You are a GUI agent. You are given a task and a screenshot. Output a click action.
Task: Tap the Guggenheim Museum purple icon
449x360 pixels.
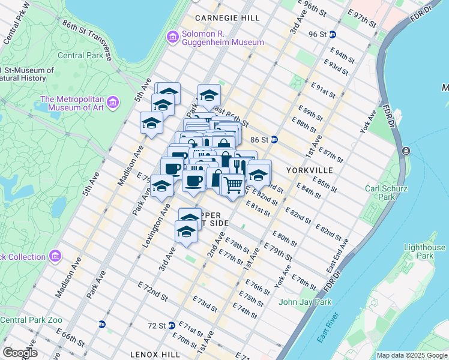click(x=173, y=38)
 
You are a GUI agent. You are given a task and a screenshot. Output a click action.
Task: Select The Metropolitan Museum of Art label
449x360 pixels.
click(x=72, y=103)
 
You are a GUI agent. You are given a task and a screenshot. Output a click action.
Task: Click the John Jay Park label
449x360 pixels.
click(x=305, y=302)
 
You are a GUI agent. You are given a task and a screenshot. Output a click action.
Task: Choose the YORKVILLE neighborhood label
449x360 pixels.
click(x=309, y=170)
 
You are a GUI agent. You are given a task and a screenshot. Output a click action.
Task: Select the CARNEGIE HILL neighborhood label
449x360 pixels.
click(x=228, y=19)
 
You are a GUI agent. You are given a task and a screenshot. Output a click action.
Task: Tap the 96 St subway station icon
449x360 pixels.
click(x=333, y=34)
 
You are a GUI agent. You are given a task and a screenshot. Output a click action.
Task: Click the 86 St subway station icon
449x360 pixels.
click(x=274, y=139)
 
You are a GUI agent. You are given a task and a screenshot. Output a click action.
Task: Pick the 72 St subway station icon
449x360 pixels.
click(x=172, y=325)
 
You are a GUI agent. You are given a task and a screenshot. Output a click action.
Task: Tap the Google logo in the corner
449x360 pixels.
click(x=20, y=353)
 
